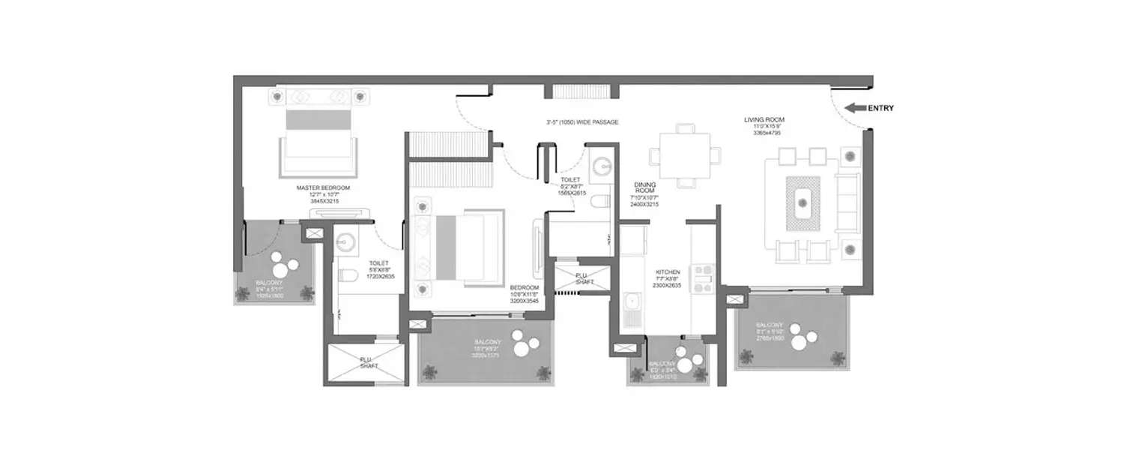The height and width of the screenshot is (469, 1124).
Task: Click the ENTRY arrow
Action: tap(854, 108)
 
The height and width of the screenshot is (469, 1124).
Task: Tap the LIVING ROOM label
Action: tap(764, 120)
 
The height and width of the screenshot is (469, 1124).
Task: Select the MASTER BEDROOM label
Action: tap(323, 188)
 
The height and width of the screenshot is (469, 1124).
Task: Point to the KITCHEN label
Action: tap(667, 272)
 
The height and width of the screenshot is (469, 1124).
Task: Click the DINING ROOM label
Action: tap(644, 184)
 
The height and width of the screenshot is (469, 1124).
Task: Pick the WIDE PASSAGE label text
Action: tap(582, 122)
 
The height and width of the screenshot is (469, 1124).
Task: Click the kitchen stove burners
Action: tap(704, 277)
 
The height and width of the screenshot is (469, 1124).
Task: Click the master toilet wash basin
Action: tap(346, 242)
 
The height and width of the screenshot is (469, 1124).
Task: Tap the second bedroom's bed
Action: tap(465, 248)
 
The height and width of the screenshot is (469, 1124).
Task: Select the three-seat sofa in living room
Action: tap(847, 203)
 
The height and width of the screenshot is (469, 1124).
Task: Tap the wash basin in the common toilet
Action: tap(602, 164)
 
